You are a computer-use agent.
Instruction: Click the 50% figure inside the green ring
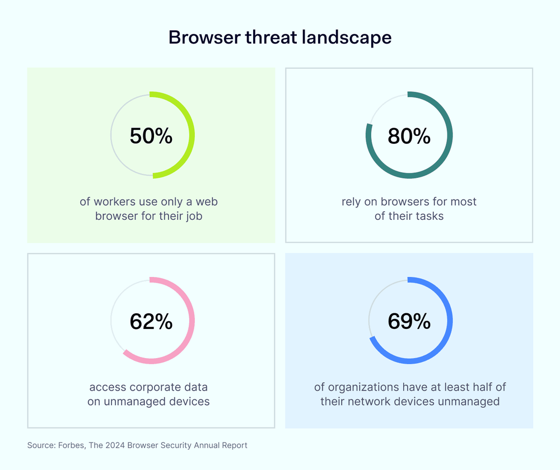click(x=151, y=136)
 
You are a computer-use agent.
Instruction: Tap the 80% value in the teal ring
click(x=409, y=136)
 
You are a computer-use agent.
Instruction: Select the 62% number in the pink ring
click(x=151, y=321)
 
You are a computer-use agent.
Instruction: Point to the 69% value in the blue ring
click(x=409, y=321)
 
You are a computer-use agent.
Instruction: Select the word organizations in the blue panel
click(x=365, y=387)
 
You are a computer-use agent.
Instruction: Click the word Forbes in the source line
click(x=69, y=445)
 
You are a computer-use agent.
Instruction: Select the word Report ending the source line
click(x=234, y=445)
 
